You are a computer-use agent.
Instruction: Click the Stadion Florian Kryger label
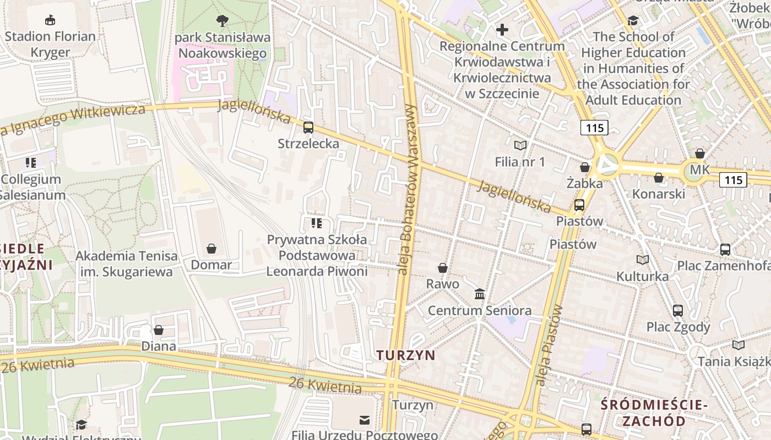[x=50, y=45]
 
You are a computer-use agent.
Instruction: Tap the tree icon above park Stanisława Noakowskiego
[x=222, y=21]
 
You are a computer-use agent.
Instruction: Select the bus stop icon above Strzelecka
[x=308, y=128]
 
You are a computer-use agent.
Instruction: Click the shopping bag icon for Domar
[x=211, y=249]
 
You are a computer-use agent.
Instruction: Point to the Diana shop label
[x=159, y=346]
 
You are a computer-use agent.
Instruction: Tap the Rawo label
[x=443, y=284]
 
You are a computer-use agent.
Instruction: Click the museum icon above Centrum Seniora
[x=480, y=294]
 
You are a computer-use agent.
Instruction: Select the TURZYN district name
[x=406, y=355]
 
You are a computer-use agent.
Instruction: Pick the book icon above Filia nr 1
[x=520, y=146]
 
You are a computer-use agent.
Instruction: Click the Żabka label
[x=585, y=183]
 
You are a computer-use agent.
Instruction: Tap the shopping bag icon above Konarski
[x=659, y=178]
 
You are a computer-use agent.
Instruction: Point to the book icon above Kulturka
[x=643, y=260]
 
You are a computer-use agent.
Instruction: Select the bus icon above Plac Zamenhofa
[x=725, y=249]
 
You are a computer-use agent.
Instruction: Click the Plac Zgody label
[x=678, y=327]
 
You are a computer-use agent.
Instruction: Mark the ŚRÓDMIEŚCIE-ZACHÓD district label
[x=654, y=413]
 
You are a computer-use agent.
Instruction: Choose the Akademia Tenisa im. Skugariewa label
[x=127, y=263]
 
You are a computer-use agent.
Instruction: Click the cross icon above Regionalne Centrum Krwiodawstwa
[x=502, y=30]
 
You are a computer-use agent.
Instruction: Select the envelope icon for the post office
[x=364, y=420]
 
